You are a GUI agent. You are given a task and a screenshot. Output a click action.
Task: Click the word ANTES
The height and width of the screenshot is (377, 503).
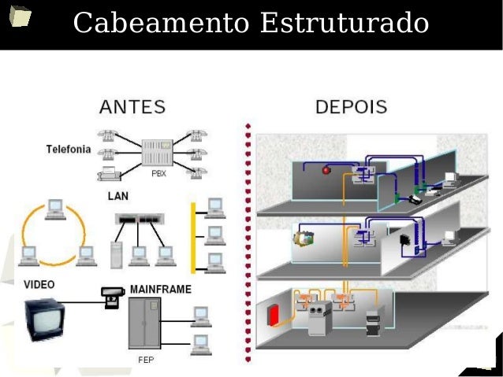tap(132, 106)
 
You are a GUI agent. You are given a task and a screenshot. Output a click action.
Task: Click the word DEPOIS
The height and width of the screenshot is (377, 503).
tap(351, 106)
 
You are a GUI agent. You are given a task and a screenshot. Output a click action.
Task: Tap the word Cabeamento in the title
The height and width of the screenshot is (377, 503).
tap(160, 24)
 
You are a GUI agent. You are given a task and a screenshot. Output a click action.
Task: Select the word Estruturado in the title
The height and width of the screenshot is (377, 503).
tap(344, 24)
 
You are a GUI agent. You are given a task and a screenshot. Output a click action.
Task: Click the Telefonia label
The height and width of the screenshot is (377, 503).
tap(69, 149)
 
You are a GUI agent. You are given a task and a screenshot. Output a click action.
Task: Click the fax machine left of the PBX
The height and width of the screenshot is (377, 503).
tap(108, 172)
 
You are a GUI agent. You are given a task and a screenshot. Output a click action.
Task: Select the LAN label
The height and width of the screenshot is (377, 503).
tap(118, 195)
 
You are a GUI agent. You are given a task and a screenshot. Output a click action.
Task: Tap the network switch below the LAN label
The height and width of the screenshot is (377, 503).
tap(140, 219)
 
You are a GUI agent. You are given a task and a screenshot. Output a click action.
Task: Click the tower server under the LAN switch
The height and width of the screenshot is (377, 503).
tap(117, 253)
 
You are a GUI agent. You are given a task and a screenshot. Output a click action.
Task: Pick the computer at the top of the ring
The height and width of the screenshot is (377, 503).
tap(54, 207)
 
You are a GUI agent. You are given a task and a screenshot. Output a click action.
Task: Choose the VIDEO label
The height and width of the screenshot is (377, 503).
tap(39, 284)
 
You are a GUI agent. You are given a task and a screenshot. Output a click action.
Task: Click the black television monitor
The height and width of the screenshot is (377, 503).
tap(43, 320)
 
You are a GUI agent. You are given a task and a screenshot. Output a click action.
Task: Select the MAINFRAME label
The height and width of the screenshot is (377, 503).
tap(160, 289)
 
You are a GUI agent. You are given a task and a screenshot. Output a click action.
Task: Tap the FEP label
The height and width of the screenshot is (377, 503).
tap(145, 360)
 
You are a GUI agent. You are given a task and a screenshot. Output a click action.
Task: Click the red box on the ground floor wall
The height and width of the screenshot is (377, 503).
tap(274, 315)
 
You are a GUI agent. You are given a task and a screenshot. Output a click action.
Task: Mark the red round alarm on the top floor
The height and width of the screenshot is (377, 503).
tap(326, 169)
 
